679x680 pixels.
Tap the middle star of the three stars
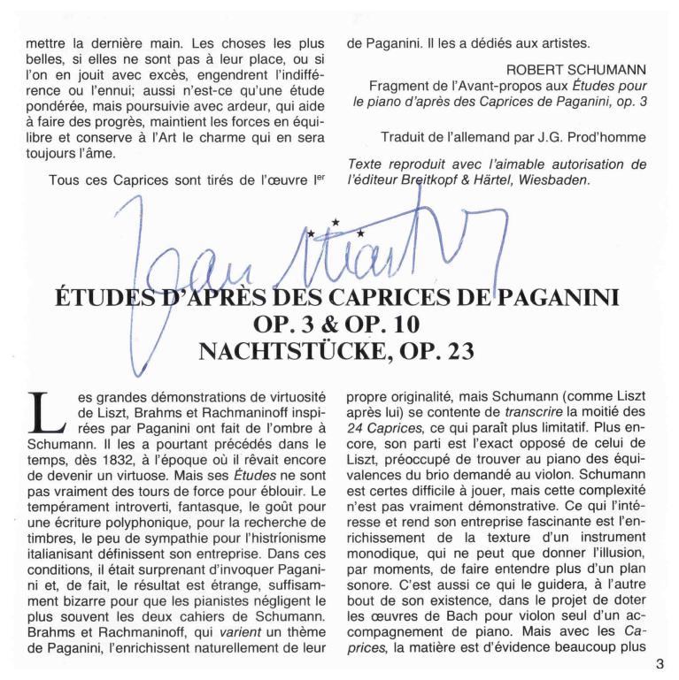tap(335, 222)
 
